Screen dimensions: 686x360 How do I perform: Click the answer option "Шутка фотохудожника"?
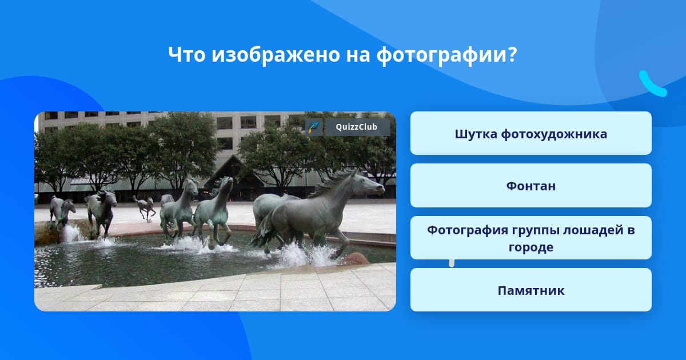point(531,133)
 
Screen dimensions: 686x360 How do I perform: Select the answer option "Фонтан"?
point(531,186)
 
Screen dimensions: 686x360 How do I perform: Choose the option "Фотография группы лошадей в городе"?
point(531,238)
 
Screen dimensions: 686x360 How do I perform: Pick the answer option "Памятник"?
point(531,290)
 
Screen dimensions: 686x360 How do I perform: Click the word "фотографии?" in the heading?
point(447,55)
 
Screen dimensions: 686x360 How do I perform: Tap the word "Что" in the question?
point(187,54)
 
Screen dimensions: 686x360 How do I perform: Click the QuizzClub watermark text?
point(357,127)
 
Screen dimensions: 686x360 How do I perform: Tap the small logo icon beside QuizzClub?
point(314,127)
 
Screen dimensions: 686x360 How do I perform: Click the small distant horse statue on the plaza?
point(145,207)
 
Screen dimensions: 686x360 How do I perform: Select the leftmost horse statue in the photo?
point(62,212)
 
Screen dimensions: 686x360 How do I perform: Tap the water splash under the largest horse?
point(306,255)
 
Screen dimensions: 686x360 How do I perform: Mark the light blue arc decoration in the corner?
point(652,84)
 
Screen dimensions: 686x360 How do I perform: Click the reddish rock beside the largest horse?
point(355,259)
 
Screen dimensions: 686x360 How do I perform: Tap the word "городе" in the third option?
point(531,247)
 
